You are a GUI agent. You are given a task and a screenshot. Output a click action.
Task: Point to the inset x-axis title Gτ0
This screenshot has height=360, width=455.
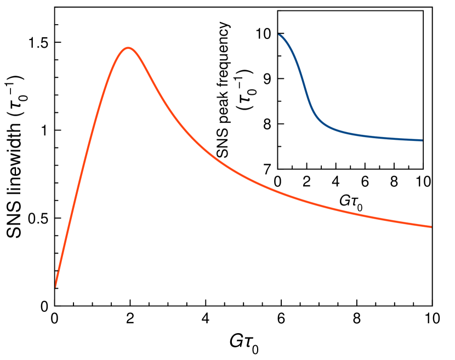click(x=350, y=201)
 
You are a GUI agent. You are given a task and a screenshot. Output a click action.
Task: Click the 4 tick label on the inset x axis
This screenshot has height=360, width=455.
click(x=335, y=181)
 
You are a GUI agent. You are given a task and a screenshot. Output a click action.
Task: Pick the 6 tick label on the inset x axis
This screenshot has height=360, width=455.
click(x=365, y=181)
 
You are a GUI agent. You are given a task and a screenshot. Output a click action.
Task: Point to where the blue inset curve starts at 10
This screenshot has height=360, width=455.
click(x=278, y=33)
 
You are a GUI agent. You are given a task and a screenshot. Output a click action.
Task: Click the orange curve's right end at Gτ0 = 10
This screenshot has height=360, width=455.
click(x=432, y=227)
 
